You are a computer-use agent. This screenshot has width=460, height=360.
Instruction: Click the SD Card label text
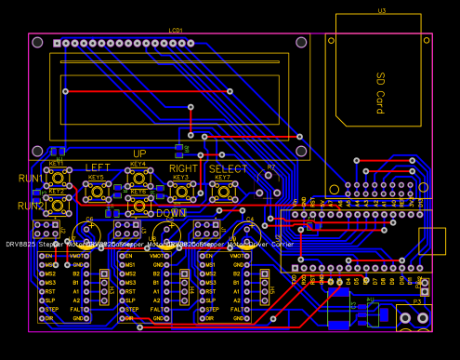(x=380, y=93)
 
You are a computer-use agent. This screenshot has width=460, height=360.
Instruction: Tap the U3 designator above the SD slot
(x=381, y=10)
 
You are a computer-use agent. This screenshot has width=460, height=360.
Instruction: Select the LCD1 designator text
(x=176, y=30)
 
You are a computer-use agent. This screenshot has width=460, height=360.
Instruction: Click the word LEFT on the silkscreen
(x=98, y=168)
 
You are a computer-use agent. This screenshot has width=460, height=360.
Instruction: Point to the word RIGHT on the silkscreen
(x=183, y=168)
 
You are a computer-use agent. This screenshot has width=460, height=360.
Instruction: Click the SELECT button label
(x=228, y=168)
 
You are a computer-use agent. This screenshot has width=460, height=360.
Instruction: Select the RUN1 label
(x=31, y=178)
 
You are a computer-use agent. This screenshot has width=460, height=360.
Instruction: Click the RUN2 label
(x=31, y=206)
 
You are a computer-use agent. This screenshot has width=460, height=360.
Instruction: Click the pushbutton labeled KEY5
(x=97, y=191)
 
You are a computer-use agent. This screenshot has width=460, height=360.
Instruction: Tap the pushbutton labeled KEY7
(x=224, y=191)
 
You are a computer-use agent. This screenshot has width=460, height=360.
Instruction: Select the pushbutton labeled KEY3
(x=180, y=191)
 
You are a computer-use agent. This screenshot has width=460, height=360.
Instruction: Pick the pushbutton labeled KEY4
(x=138, y=178)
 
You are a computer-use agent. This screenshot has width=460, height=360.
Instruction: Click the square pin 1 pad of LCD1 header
(x=58, y=43)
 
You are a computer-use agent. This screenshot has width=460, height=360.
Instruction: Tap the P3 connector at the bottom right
(x=416, y=317)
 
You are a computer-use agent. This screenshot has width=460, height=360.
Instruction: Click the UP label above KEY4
(x=139, y=153)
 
